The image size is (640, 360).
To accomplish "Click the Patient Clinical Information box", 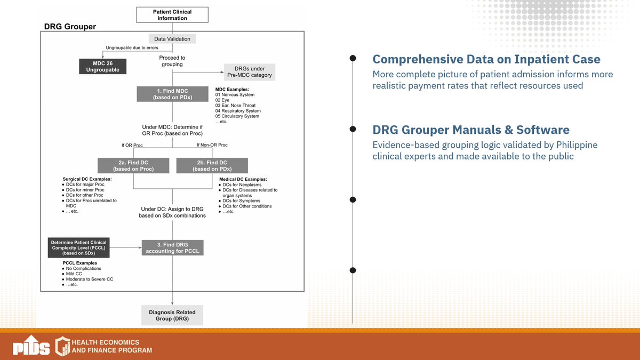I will pyautogui.click(x=172, y=15).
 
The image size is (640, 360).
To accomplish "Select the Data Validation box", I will pyautogui.click(x=172, y=39).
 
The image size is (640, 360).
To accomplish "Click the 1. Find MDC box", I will pyautogui.click(x=172, y=94).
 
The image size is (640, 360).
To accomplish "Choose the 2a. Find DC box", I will pyautogui.click(x=133, y=165).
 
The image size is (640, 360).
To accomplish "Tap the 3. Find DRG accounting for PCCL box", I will pyautogui.click(x=172, y=247).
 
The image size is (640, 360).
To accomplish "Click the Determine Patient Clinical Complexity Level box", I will pyautogui.click(x=78, y=247).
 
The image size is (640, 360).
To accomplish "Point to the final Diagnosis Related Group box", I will pyautogui.click(x=172, y=316).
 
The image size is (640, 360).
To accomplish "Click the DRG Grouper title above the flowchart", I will pyautogui.click(x=70, y=26).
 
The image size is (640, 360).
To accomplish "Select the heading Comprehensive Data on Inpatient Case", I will pyautogui.click(x=486, y=59).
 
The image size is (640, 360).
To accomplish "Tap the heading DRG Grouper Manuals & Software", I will pyautogui.click(x=470, y=130).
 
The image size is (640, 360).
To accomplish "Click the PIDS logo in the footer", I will pyautogui.click(x=30, y=346).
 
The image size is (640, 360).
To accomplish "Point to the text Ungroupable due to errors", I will pyautogui.click(x=132, y=48).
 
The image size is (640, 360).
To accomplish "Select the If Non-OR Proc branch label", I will pyautogui.click(x=212, y=145).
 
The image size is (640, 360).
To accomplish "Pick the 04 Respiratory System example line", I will pyautogui.click(x=237, y=111).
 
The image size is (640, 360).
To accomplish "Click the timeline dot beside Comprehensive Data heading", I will pyautogui.click(x=353, y=59).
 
